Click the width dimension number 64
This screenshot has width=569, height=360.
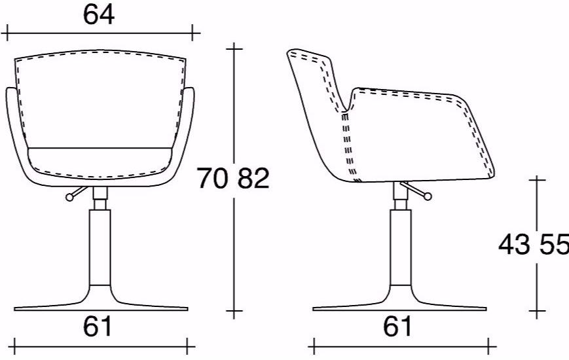pyautogui.click(x=99, y=15)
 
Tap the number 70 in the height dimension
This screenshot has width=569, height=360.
pyautogui.click(x=213, y=178)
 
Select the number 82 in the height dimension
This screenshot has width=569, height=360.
pyautogui.click(x=253, y=178)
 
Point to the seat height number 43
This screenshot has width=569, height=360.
pyautogui.click(x=514, y=244)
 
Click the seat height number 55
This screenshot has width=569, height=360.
pyautogui.click(x=554, y=244)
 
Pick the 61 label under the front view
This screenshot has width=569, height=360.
pyautogui.click(x=98, y=326)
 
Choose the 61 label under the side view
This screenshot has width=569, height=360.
pyautogui.click(x=397, y=326)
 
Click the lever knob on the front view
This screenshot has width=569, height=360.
pyautogui.click(x=69, y=197)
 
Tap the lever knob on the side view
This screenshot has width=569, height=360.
pyautogui.click(x=428, y=196)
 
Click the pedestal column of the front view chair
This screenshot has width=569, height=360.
pyautogui.click(x=100, y=247)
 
